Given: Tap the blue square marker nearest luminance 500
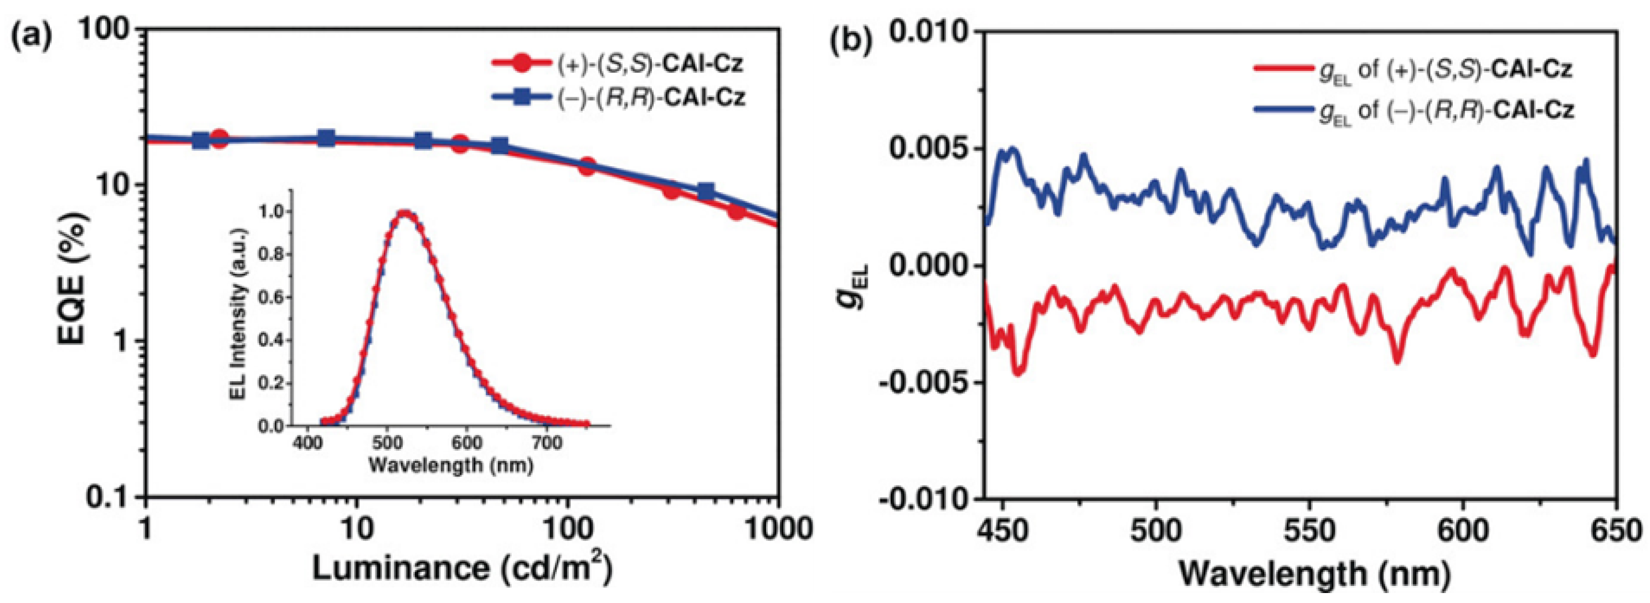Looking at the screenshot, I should click(x=705, y=191).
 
